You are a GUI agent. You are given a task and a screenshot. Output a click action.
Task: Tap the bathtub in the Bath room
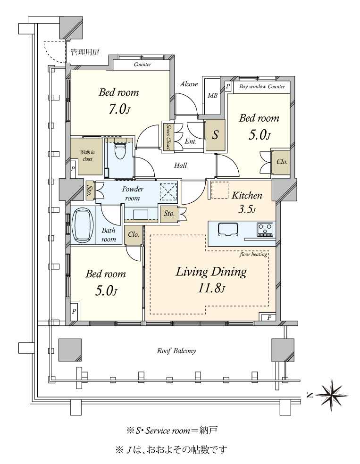coord(83,225)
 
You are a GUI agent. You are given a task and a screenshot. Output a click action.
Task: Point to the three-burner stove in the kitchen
coord(265,229)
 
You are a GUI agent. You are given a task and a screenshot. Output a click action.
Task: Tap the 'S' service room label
coord(215,135)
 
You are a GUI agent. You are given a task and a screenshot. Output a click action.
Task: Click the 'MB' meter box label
coord(212,96)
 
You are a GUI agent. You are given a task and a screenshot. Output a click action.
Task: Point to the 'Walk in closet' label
coord(87,156)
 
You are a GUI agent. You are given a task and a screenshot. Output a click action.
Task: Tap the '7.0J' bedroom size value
coord(119,109)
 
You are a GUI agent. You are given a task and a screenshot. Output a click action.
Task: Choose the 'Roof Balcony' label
coord(176,351)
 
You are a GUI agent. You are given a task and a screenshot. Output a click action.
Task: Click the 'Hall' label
coord(180,165)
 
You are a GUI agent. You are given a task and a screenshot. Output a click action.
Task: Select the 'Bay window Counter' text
coord(262,87)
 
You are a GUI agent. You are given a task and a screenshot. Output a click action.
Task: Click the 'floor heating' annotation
coord(253,254)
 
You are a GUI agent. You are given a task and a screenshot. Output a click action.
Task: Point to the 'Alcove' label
coord(189,84)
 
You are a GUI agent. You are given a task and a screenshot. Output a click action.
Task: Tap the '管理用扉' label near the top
coord(84,52)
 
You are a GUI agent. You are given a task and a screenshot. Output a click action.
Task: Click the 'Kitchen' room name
coord(247,195)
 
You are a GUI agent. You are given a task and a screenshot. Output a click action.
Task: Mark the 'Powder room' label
coord(132,193)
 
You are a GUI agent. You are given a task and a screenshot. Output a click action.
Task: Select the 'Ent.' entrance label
coord(191,141)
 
